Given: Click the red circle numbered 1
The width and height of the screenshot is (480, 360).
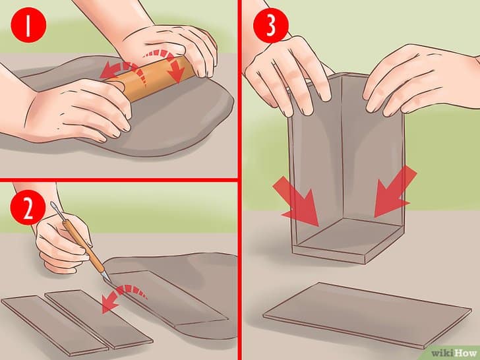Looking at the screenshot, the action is click(28, 25).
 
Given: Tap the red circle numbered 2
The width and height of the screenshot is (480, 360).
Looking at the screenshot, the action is click(28, 207).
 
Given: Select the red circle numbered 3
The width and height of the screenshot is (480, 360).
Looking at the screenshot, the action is click(270, 25).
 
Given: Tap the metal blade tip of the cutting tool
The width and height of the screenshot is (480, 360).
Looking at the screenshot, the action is click(107, 276).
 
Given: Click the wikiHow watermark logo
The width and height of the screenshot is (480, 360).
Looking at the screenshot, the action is click(454, 353).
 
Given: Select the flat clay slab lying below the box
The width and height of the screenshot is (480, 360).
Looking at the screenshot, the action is click(367, 315).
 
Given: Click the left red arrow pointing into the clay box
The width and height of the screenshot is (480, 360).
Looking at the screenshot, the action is click(297, 202).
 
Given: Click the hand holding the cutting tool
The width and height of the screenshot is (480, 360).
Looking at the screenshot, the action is click(63, 242).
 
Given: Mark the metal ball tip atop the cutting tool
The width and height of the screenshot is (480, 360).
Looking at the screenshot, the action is click(53, 204).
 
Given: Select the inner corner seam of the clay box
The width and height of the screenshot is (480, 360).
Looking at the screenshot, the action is click(342, 147).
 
